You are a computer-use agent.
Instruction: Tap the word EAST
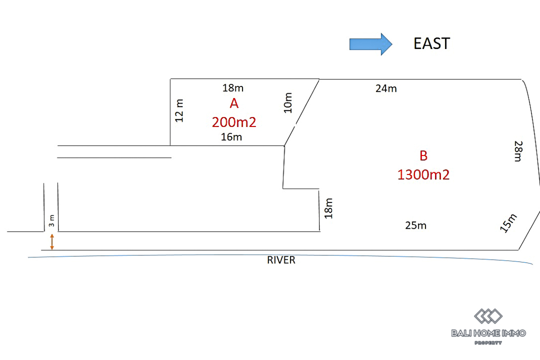tap(431, 44)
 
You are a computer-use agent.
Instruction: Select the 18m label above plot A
tap(233, 88)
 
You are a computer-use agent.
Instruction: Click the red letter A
tap(234, 103)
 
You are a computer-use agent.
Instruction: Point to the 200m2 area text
tap(234, 122)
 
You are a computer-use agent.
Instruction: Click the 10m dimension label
tap(287, 103)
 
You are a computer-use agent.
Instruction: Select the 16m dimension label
tap(232, 137)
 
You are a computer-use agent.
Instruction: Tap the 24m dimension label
tap(386, 89)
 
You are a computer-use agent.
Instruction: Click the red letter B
tap(423, 156)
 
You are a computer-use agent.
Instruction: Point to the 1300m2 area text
tap(423, 174)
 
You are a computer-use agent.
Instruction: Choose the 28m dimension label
tap(518, 151)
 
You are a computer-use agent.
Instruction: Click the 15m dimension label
tap(508, 222)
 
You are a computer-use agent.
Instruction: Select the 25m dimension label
tap(416, 226)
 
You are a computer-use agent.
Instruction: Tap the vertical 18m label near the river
tap(329, 208)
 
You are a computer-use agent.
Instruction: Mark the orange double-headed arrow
tap(52, 242)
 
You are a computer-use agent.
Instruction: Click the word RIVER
tap(281, 260)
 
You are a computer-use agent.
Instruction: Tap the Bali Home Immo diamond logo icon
tap(488, 316)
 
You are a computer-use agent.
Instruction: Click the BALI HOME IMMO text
tap(488, 333)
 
